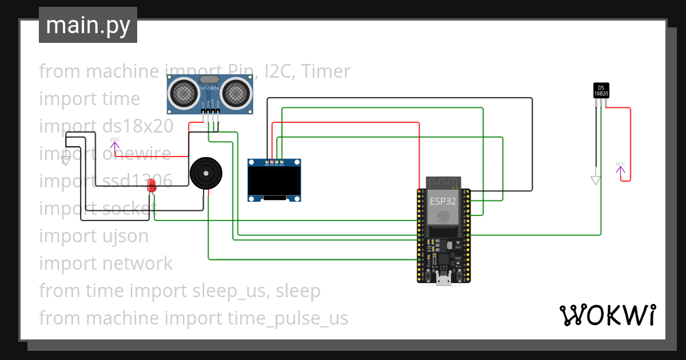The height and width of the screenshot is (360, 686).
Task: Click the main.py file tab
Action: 87,25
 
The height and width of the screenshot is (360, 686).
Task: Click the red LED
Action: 151,185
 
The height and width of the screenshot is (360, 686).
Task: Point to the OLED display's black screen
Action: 274,181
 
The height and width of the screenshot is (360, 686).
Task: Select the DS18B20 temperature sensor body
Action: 601,90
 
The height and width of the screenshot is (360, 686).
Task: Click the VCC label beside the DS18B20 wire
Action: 620,164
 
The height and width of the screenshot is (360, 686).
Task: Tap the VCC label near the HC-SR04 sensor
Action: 115,139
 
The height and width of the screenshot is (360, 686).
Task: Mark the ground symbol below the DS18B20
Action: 596,180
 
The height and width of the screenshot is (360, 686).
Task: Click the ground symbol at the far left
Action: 66,161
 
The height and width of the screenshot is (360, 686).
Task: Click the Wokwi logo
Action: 607,315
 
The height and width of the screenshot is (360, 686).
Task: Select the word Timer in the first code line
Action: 325,71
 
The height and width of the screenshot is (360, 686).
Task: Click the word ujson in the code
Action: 125,235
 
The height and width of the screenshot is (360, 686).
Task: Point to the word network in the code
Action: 137,263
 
